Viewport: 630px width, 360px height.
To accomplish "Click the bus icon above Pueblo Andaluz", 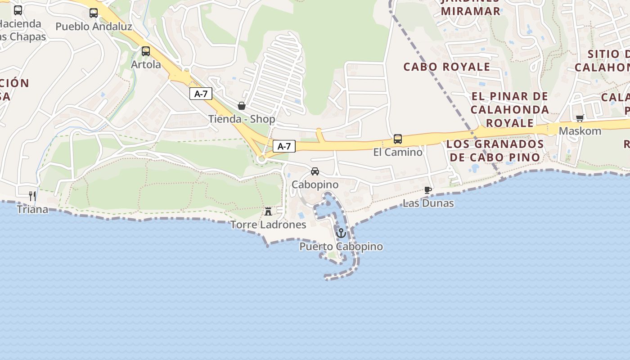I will point(94,13).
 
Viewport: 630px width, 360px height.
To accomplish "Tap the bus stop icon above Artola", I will point(146,51).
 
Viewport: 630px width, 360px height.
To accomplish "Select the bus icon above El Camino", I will point(398,139).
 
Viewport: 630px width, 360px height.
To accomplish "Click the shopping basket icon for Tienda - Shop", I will point(242,106).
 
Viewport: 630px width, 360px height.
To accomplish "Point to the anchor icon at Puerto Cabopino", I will point(341,233).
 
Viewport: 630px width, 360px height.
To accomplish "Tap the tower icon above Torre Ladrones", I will point(268,211).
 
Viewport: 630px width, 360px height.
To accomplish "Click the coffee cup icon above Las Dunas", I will point(428,190).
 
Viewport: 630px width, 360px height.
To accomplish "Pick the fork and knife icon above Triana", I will point(32,196).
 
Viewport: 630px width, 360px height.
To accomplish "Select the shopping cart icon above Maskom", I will point(580,118).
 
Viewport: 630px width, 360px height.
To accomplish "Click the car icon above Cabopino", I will point(315,171).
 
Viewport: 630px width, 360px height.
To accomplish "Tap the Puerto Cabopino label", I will point(341,247).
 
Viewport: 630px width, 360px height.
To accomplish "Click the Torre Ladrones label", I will point(268,225).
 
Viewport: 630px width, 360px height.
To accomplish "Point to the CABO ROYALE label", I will point(446,67).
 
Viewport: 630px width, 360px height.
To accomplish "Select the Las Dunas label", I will point(428,203).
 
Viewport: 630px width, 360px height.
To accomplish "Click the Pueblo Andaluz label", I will point(94,27).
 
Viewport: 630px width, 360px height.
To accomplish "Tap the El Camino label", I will point(398,152).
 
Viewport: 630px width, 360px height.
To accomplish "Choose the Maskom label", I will point(580,131).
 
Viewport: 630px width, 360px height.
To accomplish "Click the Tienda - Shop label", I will point(242,119).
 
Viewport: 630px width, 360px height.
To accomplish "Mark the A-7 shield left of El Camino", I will point(284,146).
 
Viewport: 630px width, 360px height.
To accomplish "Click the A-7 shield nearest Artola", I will point(201,94).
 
